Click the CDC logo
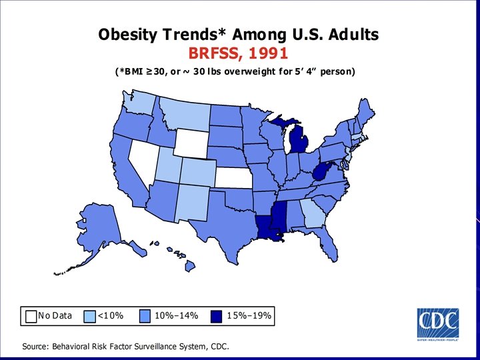pyautogui.click(x=437, y=325)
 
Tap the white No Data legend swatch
pyautogui.click(x=31, y=316)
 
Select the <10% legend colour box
pyautogui.click(x=90, y=316)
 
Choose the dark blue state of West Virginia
pyautogui.click(x=320, y=175)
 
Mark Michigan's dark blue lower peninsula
pyautogui.click(x=300, y=141)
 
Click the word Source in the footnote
pyautogui.click(x=37, y=346)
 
